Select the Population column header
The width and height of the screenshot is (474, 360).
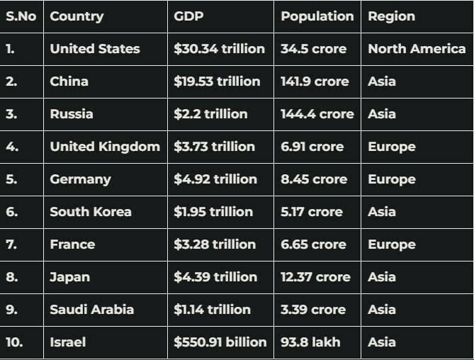[317, 16]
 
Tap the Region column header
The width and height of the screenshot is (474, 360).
[391, 16]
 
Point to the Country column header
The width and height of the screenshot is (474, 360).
[77, 16]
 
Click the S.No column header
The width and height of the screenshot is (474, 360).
[21, 16]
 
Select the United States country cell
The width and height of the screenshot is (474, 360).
[95, 49]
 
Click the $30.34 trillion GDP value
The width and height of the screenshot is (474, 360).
[219, 49]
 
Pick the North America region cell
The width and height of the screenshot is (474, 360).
[417, 49]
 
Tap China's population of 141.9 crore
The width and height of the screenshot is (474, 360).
[315, 81]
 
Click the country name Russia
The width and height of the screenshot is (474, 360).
[71, 114]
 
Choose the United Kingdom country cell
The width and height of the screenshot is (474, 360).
[105, 147]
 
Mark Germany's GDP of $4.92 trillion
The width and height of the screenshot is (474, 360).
[215, 179]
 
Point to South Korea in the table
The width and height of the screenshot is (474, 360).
[91, 212]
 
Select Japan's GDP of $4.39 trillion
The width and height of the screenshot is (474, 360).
[215, 277]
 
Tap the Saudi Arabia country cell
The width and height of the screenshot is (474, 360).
[91, 310]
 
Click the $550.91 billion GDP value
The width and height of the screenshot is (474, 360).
[220, 342]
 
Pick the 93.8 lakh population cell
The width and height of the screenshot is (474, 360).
[310, 342]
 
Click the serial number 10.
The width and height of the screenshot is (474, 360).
[14, 342]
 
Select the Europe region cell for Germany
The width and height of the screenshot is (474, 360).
[392, 179]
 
